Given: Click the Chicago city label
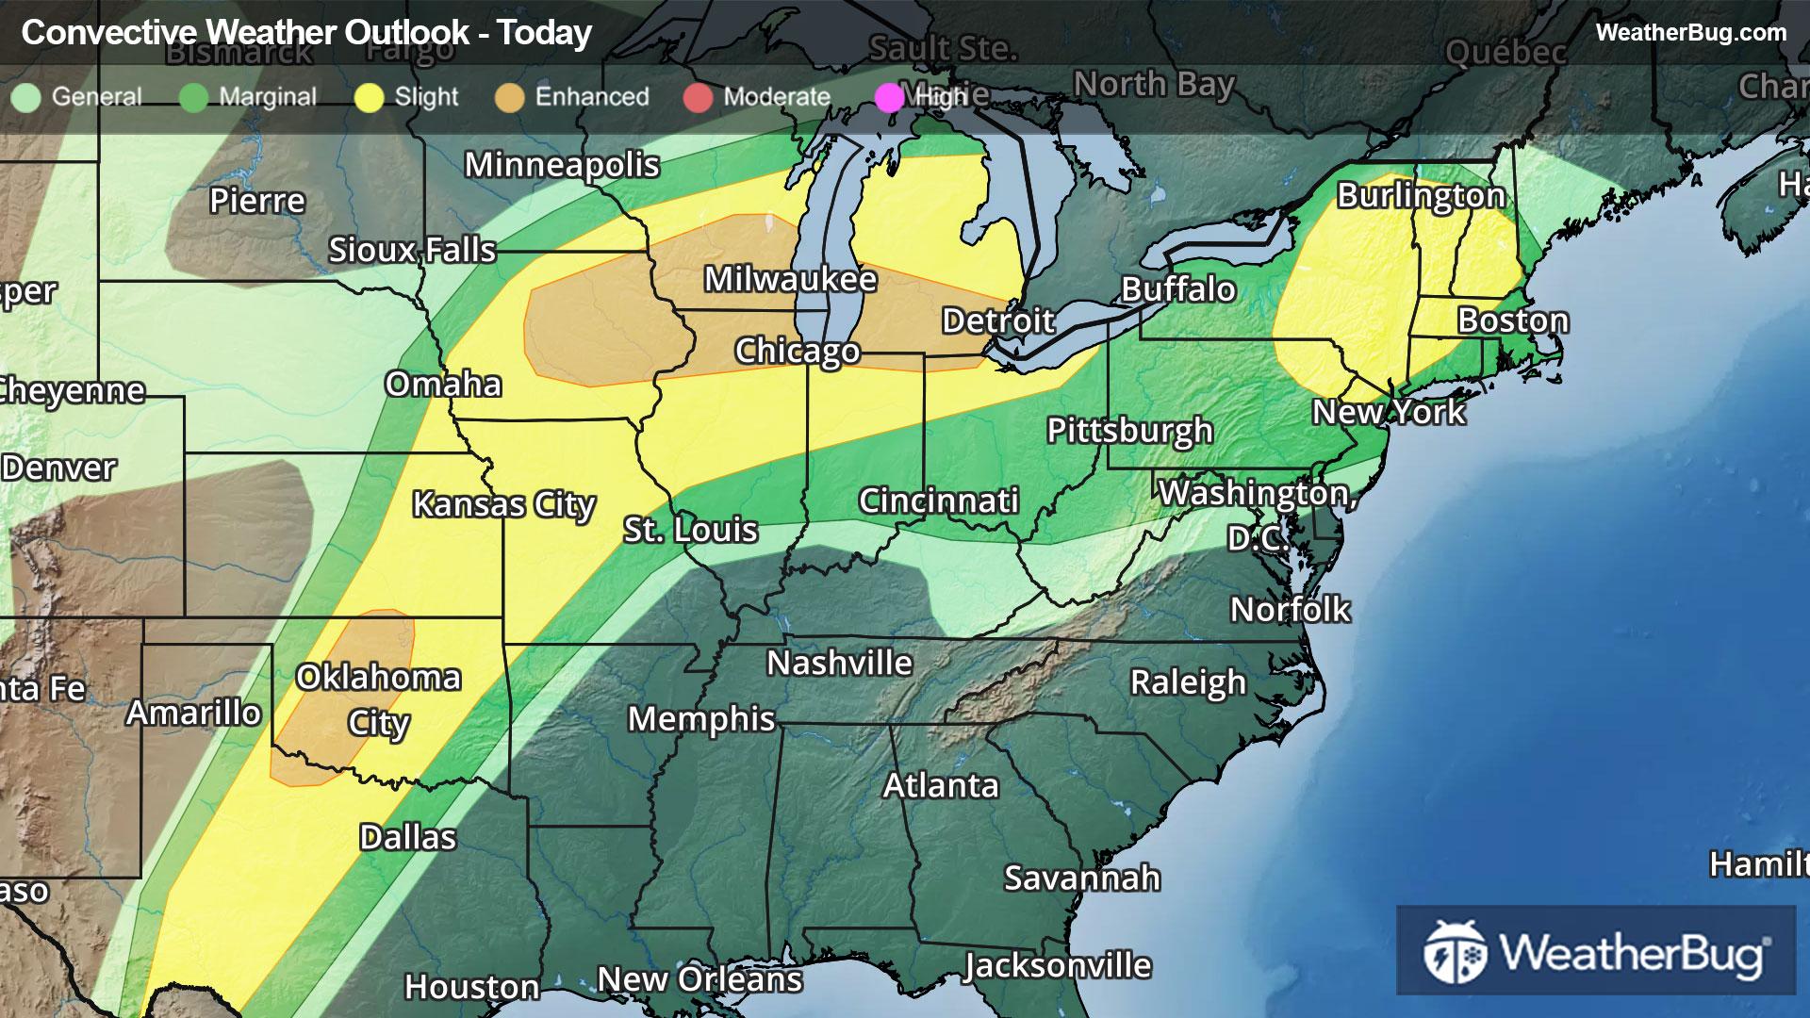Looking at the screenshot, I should click(797, 351).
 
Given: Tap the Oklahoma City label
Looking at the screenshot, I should click(378, 698).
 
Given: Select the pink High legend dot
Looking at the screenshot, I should click(889, 97).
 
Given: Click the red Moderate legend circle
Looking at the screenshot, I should click(698, 97).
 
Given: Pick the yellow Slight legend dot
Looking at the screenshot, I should click(369, 97).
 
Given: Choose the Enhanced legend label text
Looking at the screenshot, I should click(592, 96).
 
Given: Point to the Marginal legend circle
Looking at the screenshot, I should click(193, 97).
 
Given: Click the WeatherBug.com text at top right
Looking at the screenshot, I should click(1690, 32).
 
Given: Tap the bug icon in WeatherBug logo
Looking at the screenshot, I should click(1455, 952).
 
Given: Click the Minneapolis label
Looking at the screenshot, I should click(562, 165).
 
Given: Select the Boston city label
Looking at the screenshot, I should click(1513, 320).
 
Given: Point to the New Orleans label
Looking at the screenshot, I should click(699, 979).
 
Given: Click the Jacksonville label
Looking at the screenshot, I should click(1057, 966).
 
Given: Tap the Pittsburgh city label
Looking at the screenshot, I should click(1129, 431).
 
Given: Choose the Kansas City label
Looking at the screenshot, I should click(503, 504).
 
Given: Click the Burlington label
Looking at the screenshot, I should click(1421, 195).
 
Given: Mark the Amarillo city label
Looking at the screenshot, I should click(193, 713).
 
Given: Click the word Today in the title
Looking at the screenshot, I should click(545, 33).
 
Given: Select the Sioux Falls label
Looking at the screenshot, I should click(412, 250).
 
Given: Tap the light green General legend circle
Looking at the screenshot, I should click(26, 97).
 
